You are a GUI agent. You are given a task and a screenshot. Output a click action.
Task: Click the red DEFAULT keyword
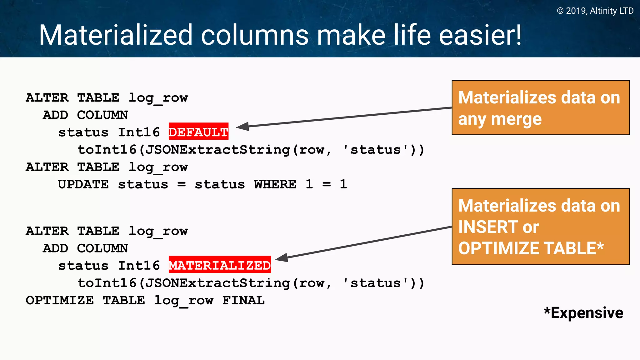198,132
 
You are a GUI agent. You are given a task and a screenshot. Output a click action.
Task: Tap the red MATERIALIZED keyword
220,265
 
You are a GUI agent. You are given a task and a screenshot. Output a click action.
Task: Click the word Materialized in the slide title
116,35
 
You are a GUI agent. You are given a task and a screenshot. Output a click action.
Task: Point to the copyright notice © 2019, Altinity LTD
595,11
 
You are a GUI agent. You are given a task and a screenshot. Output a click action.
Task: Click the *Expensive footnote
583,313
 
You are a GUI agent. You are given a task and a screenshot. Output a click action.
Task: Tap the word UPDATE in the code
83,184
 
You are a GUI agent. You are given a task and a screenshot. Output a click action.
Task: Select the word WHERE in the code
275,184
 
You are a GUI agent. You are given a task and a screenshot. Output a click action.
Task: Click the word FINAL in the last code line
243,300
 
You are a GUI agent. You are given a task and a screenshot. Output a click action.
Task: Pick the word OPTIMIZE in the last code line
60,300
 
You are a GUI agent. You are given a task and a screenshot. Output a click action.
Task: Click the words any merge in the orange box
500,119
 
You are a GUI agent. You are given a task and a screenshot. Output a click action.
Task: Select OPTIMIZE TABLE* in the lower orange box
531,248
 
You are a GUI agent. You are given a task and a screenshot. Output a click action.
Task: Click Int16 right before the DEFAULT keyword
139,132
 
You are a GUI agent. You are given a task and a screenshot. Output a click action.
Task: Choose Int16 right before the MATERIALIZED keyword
139,266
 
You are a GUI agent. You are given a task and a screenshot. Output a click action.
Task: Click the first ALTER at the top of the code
47,98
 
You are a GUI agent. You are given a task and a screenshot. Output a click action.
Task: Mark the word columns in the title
255,35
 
